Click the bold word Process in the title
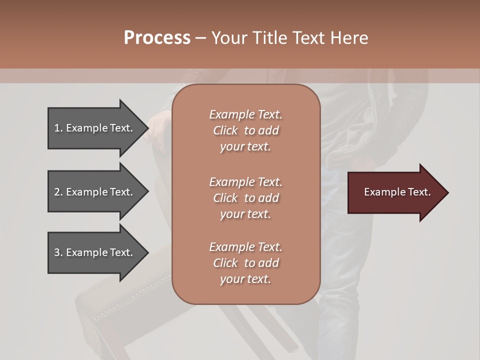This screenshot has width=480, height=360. tap(157, 38)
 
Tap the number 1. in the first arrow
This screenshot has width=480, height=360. tap(58, 128)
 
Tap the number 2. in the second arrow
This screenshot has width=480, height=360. tap(58, 192)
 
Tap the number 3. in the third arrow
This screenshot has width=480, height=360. tap(58, 252)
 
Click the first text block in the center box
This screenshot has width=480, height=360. tap(245, 130)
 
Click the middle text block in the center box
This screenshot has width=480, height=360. tap(245, 197)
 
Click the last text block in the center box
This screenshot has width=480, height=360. tap(245, 263)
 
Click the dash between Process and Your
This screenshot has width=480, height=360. tap(200, 38)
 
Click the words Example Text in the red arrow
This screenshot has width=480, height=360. tap(397, 192)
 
